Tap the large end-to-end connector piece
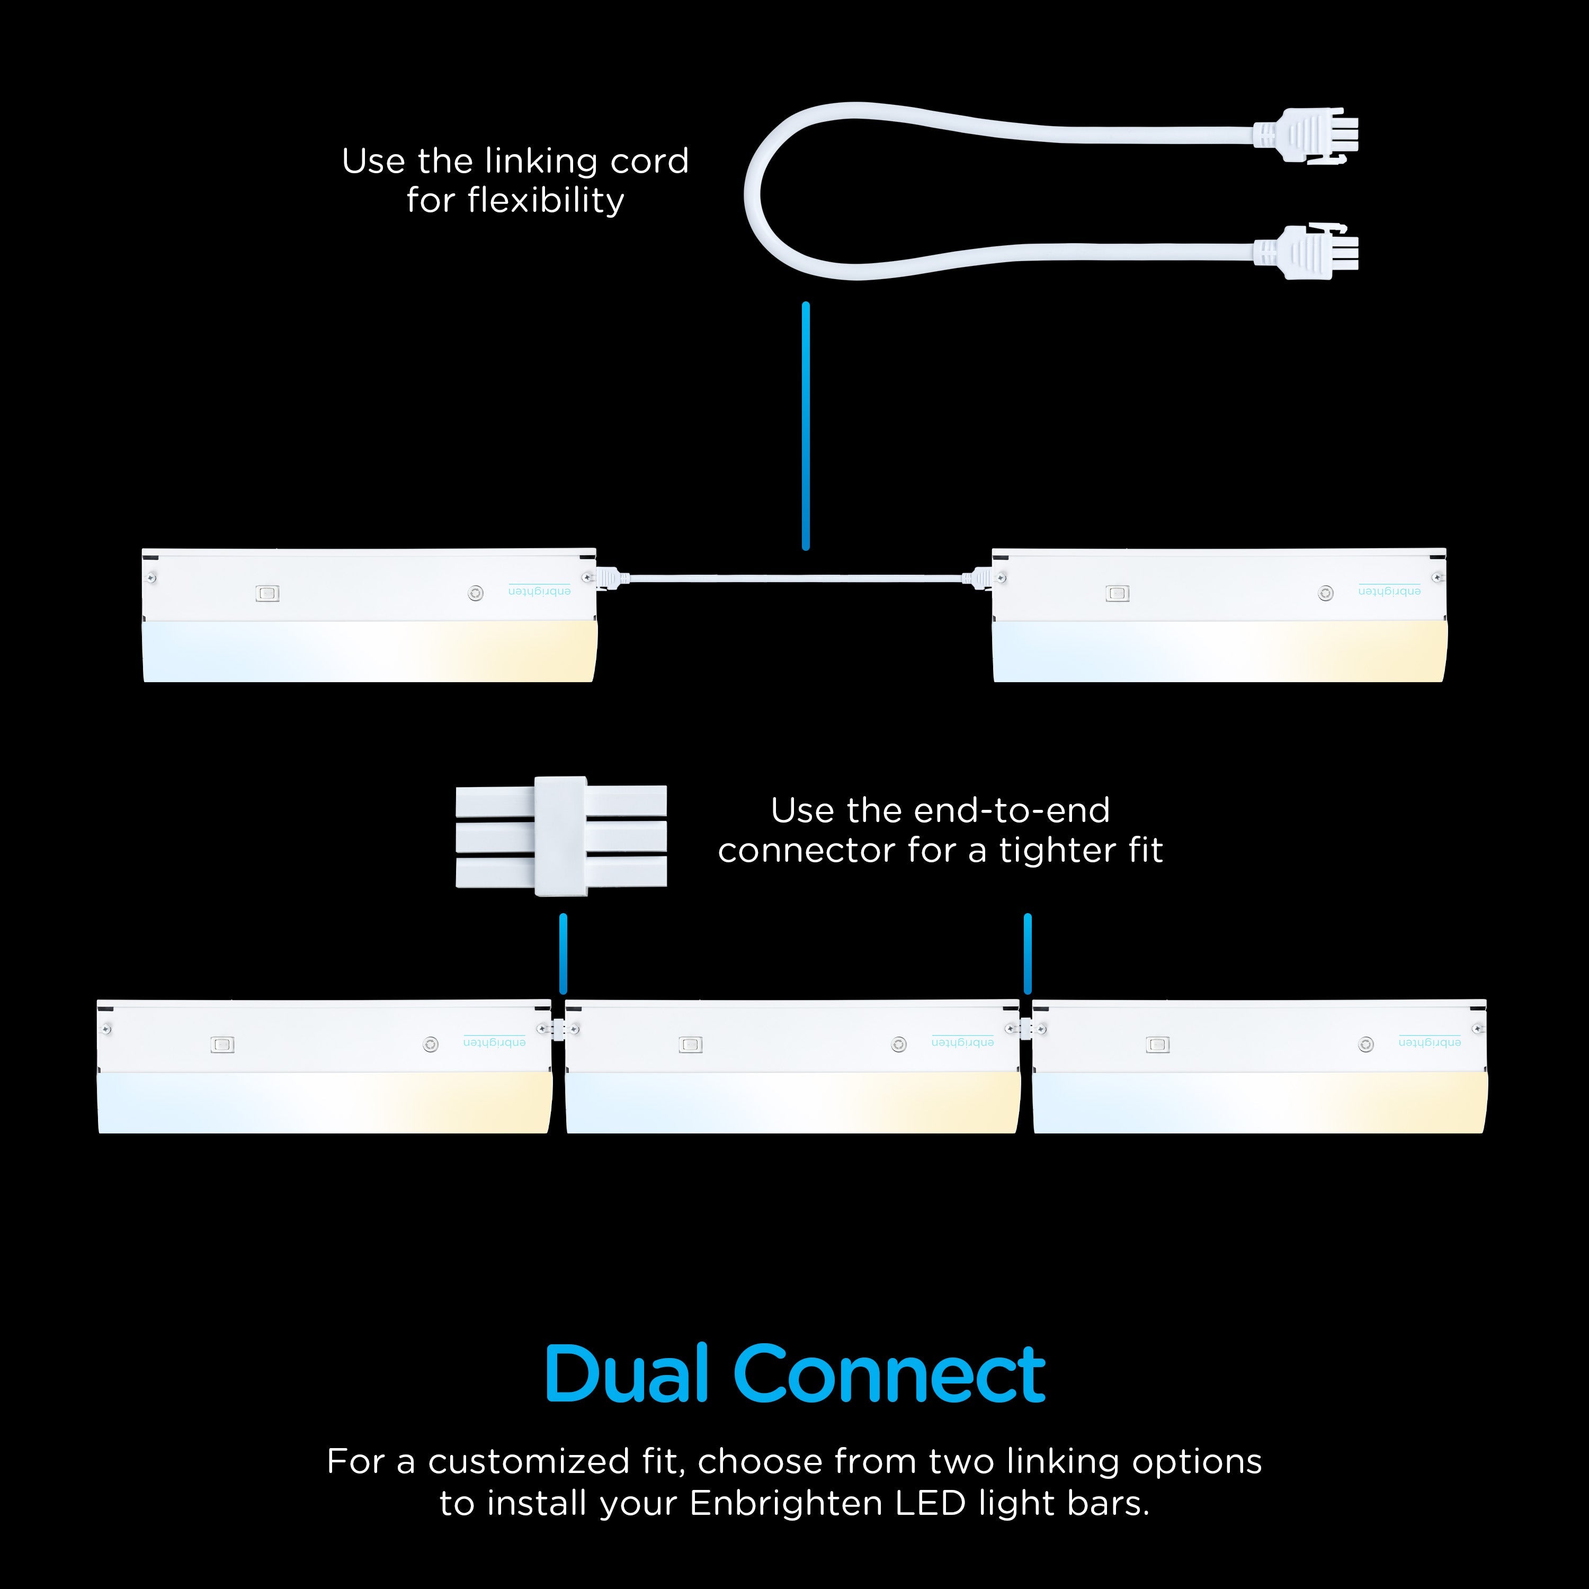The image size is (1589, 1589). click(x=561, y=836)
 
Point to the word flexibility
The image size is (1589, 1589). click(x=546, y=201)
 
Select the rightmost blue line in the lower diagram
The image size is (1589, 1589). click(x=1027, y=953)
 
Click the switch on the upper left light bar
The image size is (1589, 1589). click(x=268, y=593)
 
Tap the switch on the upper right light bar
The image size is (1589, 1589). click(x=1117, y=593)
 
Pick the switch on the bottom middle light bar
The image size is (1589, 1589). click(x=690, y=1045)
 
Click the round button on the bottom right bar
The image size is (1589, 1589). click(x=1366, y=1045)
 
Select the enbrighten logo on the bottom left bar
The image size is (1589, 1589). click(x=494, y=1041)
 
